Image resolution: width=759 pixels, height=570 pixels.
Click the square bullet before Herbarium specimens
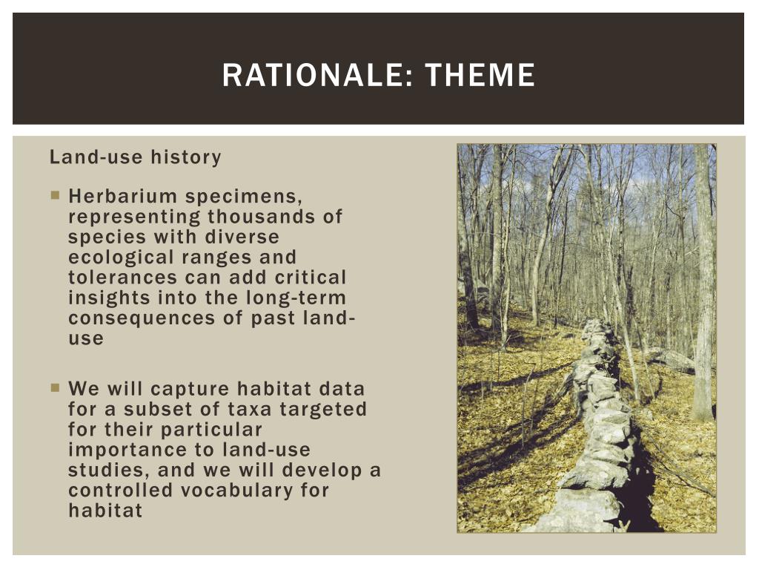tap(56, 197)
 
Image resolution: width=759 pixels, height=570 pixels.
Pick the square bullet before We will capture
tap(56, 387)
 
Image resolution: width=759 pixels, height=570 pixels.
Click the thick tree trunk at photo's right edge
tap(703, 282)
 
